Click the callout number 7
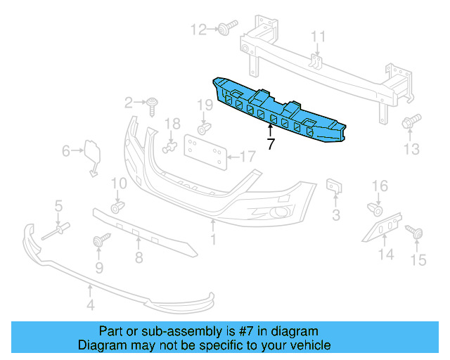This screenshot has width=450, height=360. point(270,144)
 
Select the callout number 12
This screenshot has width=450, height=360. point(199,30)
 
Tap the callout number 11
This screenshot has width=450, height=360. point(319,36)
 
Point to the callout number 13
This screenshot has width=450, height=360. point(411,148)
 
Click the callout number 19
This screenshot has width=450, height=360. point(204,107)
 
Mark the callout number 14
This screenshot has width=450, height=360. point(386,254)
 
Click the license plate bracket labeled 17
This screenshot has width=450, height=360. point(205,149)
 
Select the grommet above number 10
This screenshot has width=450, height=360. point(117,205)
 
